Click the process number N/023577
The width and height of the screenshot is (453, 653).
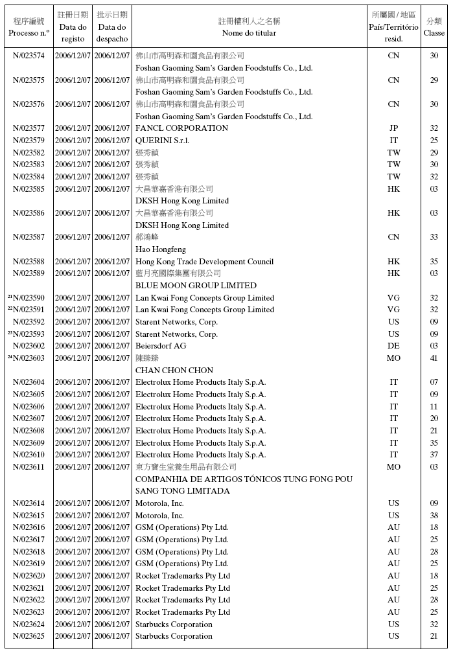(29, 128)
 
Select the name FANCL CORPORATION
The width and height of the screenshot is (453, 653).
(181, 128)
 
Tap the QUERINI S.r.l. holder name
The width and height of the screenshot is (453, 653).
(162, 141)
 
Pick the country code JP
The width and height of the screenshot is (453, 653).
(393, 128)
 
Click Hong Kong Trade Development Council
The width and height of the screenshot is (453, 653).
(204, 262)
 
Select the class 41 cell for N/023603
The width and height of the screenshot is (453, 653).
(434, 358)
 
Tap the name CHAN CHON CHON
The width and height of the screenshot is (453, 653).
(174, 371)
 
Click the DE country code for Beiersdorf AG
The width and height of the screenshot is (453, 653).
(393, 346)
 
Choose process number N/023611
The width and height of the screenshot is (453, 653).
(29, 467)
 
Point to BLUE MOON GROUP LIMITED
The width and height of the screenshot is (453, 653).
(196, 286)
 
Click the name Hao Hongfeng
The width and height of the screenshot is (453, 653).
(160, 249)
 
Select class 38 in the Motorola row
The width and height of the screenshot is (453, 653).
(434, 516)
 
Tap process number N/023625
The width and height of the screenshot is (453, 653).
(29, 637)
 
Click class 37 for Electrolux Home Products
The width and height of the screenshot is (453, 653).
(434, 455)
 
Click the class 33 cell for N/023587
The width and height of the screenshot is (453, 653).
(434, 237)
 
